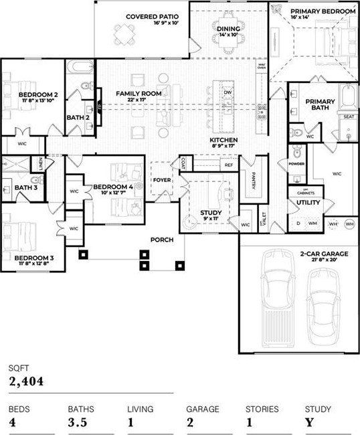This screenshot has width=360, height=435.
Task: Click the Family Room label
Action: (138, 94)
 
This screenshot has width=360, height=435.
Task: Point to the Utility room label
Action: (308, 203)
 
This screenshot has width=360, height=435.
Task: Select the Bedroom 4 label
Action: (111, 187)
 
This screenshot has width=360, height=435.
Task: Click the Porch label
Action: (162, 239)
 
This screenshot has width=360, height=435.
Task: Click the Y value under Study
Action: (308, 423)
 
